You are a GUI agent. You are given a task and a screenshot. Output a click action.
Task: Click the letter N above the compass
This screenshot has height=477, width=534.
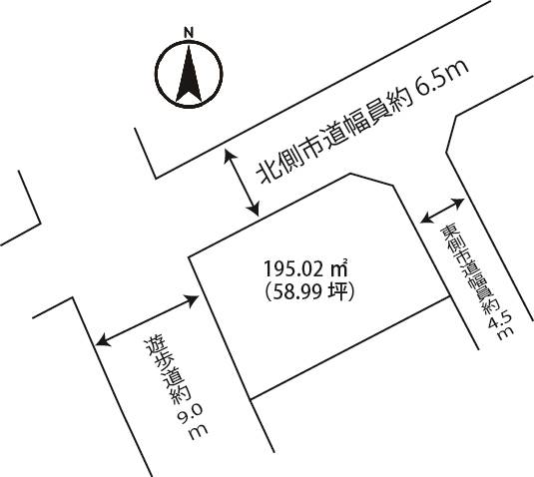click(x=189, y=32)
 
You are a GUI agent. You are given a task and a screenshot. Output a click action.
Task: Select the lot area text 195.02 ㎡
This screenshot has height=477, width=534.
click(x=305, y=269)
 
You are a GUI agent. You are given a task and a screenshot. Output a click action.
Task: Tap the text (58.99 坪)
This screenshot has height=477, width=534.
click(x=309, y=292)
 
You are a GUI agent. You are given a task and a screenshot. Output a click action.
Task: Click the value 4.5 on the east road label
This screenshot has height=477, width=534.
click(x=500, y=318)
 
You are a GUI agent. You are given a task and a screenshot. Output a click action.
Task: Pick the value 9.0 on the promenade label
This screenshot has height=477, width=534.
click(x=190, y=413)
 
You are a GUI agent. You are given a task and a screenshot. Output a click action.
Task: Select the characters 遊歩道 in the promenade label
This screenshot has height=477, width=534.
click(x=163, y=362)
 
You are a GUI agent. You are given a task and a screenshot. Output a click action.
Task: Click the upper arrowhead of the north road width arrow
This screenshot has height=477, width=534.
click(x=230, y=157)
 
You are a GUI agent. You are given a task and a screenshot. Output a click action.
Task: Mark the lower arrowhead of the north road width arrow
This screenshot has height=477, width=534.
click(x=254, y=209)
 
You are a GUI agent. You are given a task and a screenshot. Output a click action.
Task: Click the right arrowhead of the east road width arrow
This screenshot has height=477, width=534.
click(x=457, y=203)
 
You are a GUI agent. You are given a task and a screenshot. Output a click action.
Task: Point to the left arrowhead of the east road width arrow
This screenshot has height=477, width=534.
click(x=427, y=218)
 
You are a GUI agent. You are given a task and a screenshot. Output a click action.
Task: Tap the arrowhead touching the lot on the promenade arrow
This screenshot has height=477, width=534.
click(x=192, y=300)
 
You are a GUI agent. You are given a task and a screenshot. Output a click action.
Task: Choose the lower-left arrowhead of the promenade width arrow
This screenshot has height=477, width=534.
click(x=103, y=341)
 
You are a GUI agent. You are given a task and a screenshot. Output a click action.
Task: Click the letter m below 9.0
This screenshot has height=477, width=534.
click(x=198, y=432)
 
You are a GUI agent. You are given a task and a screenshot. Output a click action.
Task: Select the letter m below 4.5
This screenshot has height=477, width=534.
click(x=505, y=333)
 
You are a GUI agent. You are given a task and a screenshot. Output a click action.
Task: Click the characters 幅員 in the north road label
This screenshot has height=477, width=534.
click(x=370, y=120)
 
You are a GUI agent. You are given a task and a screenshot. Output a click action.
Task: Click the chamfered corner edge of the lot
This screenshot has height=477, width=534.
click(x=372, y=180)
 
